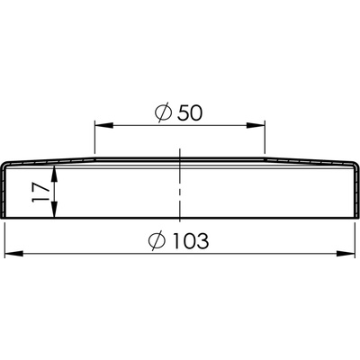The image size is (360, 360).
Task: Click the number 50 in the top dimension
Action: click(190, 113)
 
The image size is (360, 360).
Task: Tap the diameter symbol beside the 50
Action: click(164, 112)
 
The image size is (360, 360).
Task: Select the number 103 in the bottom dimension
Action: click(191, 240)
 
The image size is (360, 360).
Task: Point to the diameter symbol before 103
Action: click(157, 240)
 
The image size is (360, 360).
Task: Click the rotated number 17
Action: click(40, 192)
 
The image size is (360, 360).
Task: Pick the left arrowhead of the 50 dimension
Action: click(103, 125)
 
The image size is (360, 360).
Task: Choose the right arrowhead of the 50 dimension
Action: click(256, 125)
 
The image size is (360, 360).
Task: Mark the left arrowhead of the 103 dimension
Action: click(14, 254)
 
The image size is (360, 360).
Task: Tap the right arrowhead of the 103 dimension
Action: click(346, 254)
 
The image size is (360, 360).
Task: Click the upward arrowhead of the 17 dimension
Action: click(54, 175)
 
